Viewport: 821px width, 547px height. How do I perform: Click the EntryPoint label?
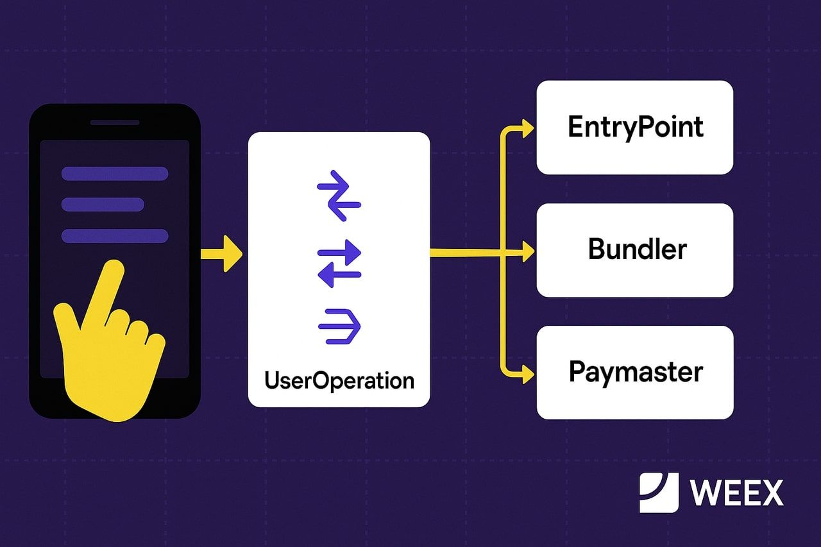(x=635, y=127)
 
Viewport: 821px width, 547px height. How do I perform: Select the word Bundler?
(x=637, y=249)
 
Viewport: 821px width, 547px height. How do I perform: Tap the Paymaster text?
(x=635, y=372)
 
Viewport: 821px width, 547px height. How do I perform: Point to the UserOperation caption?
(x=339, y=380)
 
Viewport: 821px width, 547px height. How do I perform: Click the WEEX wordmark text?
(x=737, y=492)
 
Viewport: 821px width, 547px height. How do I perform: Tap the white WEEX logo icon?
(x=659, y=492)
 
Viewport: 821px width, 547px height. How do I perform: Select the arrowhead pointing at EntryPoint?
(x=527, y=128)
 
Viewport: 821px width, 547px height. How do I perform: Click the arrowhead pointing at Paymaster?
(x=527, y=373)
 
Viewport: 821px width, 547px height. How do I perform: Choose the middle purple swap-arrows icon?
(x=339, y=263)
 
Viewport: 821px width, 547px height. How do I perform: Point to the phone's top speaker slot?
(x=115, y=122)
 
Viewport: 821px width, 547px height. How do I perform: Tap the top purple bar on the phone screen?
(x=115, y=174)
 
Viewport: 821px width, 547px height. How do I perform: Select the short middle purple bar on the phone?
(x=103, y=205)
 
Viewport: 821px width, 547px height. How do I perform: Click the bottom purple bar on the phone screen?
(x=115, y=235)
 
